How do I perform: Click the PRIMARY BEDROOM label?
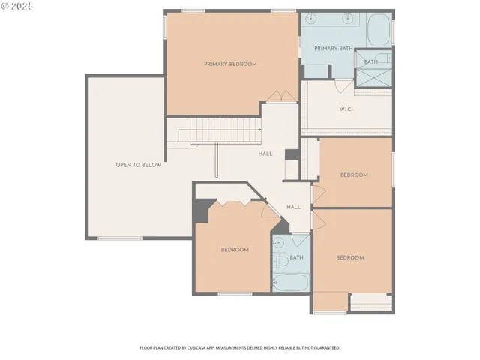[230, 64]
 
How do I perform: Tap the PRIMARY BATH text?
[333, 49]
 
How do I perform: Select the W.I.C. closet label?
[346, 109]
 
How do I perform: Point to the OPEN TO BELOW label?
[138, 165]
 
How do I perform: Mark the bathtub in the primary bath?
[378, 31]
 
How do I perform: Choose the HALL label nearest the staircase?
[265, 154]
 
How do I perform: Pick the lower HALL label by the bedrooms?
[293, 207]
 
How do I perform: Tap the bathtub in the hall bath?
[290, 282]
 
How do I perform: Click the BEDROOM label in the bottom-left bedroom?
[235, 250]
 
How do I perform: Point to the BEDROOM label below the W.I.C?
[354, 175]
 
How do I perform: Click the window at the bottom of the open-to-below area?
[119, 238]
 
